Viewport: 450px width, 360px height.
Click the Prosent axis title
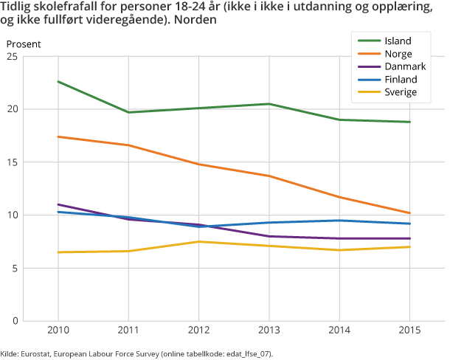click(24, 44)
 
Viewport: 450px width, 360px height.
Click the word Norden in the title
click(197, 21)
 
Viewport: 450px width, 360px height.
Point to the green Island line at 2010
click(58, 81)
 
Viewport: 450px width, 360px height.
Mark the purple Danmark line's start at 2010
click(58, 204)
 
